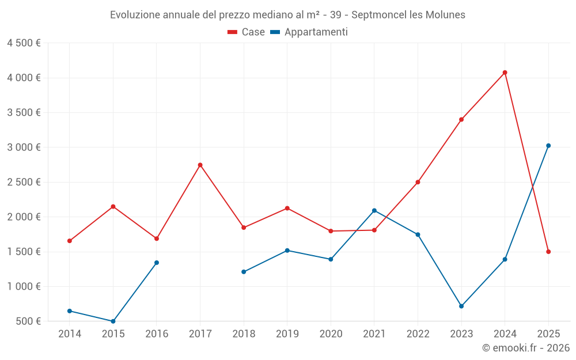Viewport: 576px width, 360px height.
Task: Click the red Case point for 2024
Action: [505, 73]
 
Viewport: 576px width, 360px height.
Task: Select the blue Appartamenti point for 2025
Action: [548, 146]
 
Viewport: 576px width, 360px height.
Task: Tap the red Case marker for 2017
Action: [200, 165]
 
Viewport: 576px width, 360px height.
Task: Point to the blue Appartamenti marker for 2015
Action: [113, 321]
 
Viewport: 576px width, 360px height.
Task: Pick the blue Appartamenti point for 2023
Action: [461, 306]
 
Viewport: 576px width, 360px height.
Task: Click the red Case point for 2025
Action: [548, 252]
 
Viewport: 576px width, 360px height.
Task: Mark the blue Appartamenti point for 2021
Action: [374, 211]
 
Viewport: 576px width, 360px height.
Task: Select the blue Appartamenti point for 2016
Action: [157, 263]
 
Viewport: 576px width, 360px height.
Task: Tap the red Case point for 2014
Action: [70, 241]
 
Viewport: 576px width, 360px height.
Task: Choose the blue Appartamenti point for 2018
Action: [244, 272]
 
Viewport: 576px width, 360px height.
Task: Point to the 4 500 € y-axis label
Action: [24, 43]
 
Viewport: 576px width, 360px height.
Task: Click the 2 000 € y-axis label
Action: [24, 217]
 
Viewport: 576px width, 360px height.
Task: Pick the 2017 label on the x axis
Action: [200, 334]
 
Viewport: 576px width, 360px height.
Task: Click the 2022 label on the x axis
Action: [418, 334]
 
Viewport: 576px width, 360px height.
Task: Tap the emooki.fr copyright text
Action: [526, 348]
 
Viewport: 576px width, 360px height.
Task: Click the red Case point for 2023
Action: [461, 120]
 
